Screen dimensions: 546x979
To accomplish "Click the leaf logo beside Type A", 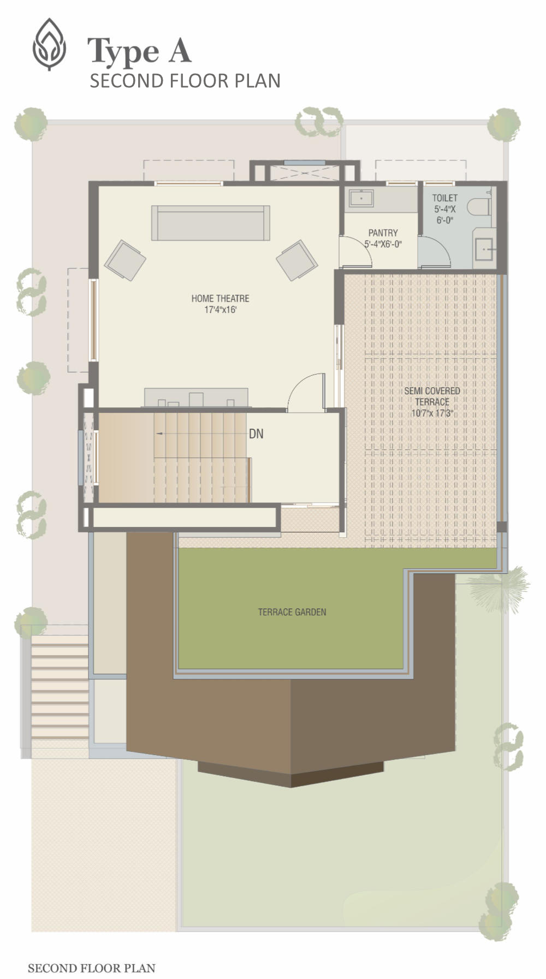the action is point(49,45).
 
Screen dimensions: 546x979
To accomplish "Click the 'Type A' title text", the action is point(140,52).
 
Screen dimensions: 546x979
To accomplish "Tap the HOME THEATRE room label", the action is point(220,298).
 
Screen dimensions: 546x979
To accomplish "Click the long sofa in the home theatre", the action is point(211,223).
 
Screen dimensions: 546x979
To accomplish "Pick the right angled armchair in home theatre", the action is point(297,260).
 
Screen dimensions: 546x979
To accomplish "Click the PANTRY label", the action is point(383,233).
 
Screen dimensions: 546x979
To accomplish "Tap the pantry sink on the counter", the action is point(361,198).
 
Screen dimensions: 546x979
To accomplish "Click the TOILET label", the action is point(444,198).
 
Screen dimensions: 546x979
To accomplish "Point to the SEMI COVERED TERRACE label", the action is point(432,396).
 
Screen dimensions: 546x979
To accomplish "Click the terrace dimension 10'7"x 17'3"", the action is point(432,413).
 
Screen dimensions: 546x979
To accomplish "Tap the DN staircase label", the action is point(256,434).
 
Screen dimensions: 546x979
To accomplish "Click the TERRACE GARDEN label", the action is point(292,612).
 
